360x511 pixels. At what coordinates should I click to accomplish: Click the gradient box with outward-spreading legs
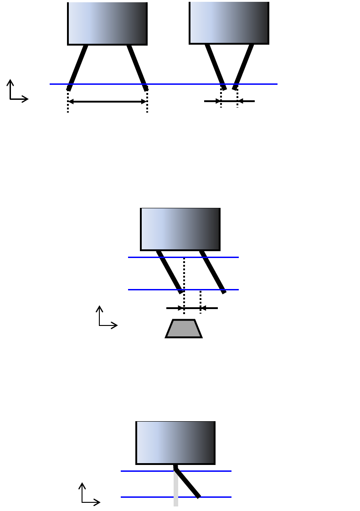point(107,23)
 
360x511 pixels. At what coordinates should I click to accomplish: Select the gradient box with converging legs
point(229,23)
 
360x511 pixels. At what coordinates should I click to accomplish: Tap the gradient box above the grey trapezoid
point(180,229)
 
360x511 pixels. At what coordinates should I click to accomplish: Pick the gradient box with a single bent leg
point(175,443)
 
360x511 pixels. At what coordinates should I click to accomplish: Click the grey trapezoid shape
point(184,329)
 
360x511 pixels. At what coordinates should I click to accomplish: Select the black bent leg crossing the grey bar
point(188,484)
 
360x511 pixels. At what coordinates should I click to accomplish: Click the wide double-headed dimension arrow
point(107,102)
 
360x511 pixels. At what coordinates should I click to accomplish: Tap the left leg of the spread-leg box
point(77,67)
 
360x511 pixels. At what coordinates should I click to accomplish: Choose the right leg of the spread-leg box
point(137,67)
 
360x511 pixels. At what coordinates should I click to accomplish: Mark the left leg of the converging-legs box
point(215,66)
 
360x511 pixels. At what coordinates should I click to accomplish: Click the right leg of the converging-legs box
point(243,66)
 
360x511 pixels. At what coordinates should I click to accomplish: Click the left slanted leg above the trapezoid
point(170,272)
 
